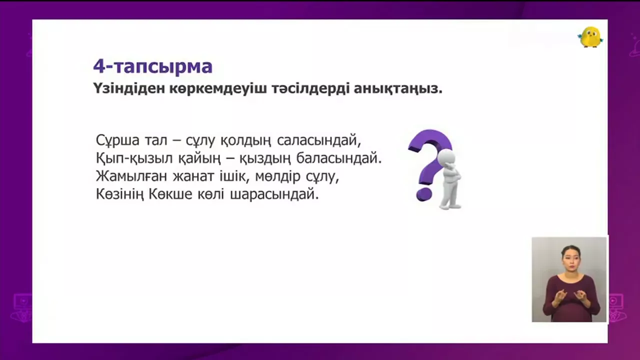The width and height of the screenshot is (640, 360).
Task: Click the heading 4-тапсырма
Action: (x=153, y=66)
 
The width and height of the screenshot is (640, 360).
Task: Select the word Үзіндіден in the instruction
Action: (x=129, y=88)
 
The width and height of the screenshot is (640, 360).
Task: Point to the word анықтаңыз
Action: (x=398, y=89)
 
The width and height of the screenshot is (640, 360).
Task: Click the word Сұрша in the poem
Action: (x=117, y=140)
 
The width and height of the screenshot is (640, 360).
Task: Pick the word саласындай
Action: (x=319, y=140)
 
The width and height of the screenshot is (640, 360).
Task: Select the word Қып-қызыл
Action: (x=134, y=158)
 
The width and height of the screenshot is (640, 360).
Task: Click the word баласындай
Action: (x=339, y=158)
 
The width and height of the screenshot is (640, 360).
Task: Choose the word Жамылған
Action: (x=131, y=176)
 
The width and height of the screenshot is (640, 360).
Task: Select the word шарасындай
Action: (x=274, y=194)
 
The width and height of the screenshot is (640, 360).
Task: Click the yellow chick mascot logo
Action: (x=590, y=37)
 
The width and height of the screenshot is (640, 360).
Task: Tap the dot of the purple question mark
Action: (x=424, y=194)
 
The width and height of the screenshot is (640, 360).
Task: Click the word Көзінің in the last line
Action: (x=120, y=194)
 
